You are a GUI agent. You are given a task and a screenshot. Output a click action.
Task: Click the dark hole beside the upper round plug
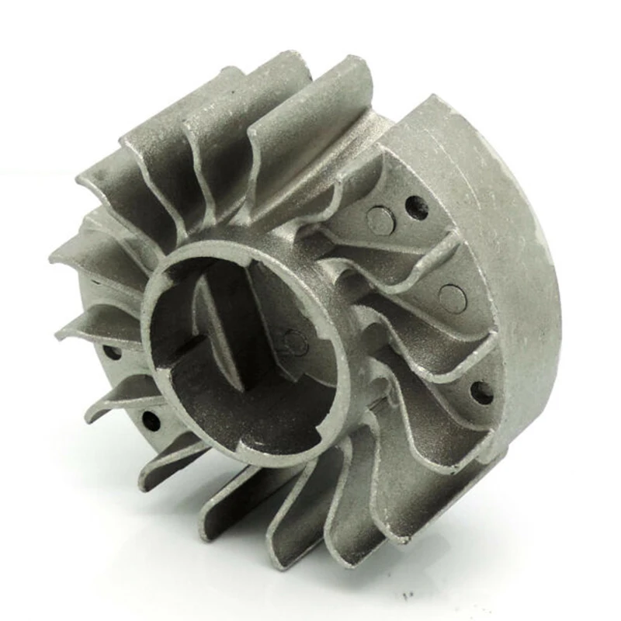(417, 207)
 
